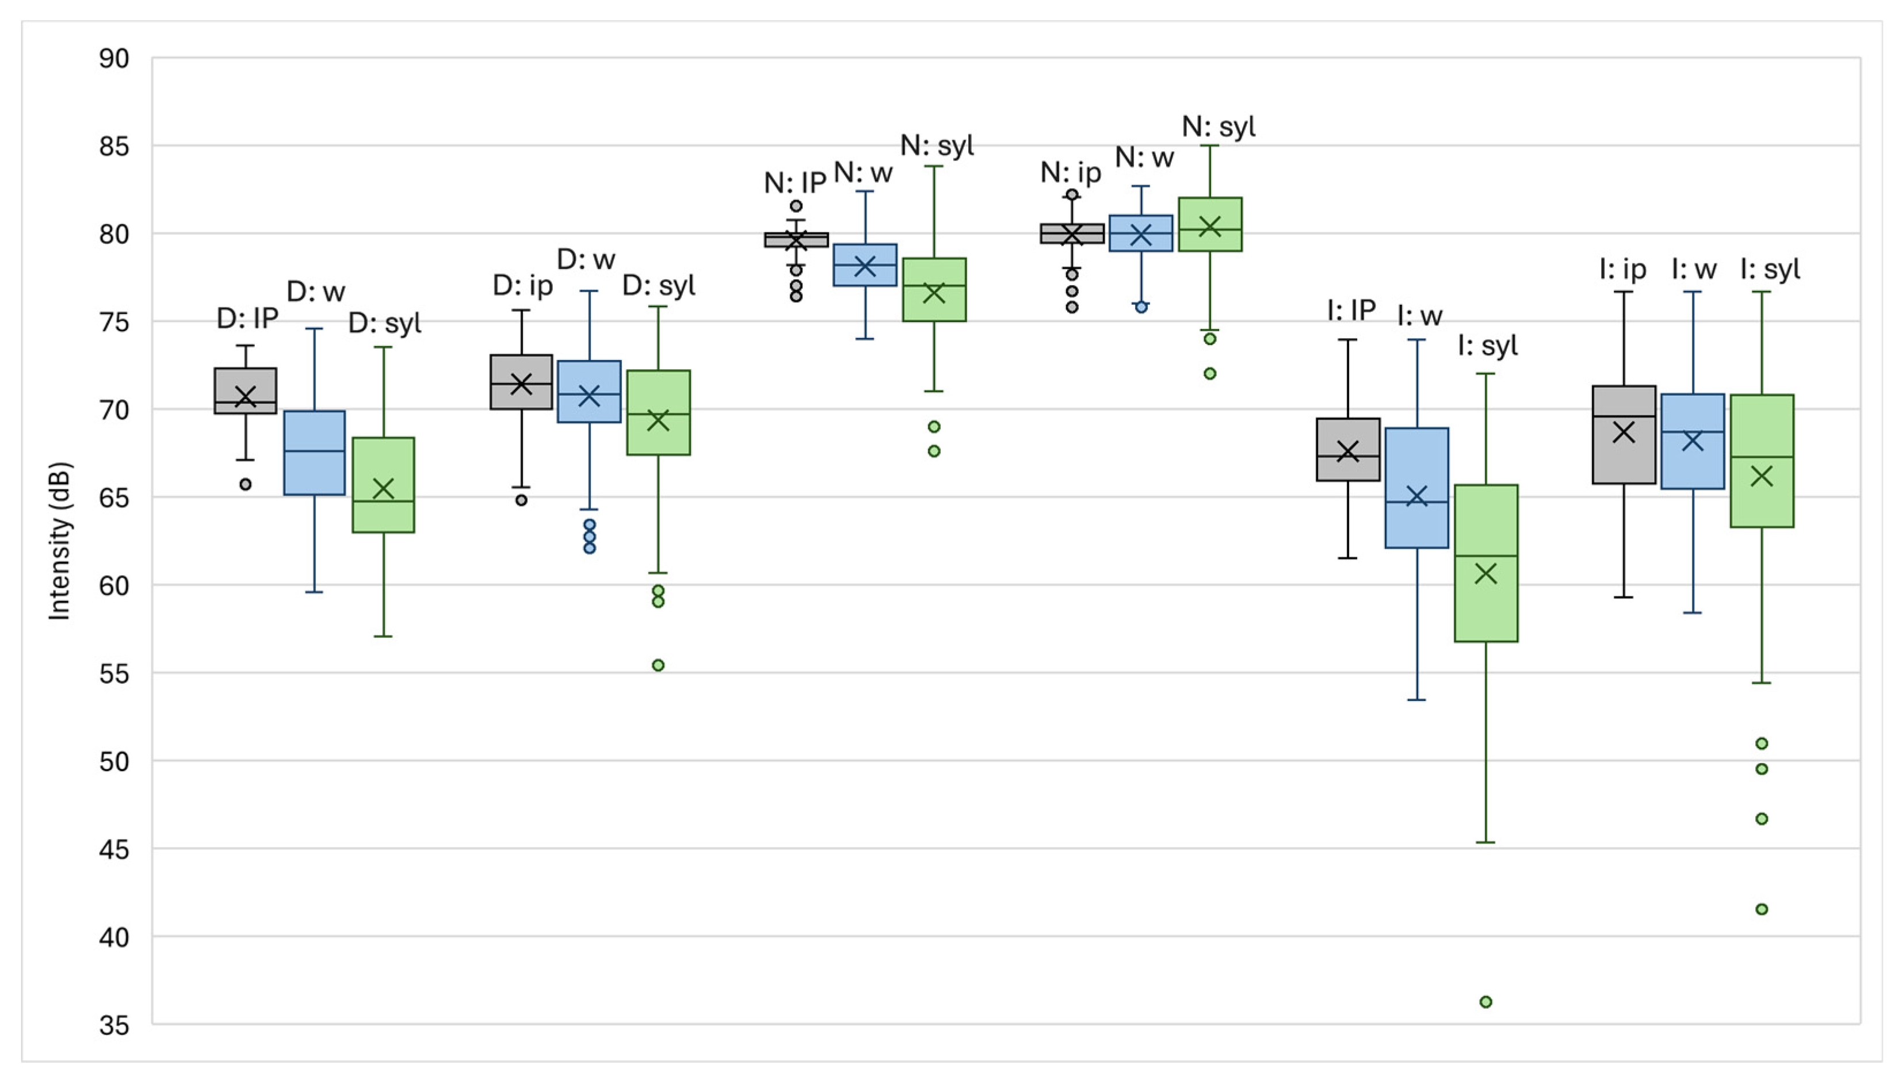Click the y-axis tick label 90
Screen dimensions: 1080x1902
pyautogui.click(x=113, y=59)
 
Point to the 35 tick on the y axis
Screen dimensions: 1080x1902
pyautogui.click(x=113, y=1026)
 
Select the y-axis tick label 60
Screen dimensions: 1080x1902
pyautogui.click(x=113, y=586)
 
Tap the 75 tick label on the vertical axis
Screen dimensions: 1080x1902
pyautogui.click(x=113, y=323)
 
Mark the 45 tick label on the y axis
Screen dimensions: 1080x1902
pyautogui.click(x=113, y=850)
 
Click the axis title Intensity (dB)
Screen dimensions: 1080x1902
pyautogui.click(x=59, y=542)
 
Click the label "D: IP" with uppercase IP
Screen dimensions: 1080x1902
pyautogui.click(x=247, y=318)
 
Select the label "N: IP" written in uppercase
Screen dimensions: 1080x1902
pyautogui.click(x=795, y=182)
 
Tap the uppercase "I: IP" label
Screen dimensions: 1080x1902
pyautogui.click(x=1351, y=310)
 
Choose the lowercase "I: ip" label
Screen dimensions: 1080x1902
pyautogui.click(x=1622, y=269)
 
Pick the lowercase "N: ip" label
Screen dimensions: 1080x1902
pyautogui.click(x=1070, y=173)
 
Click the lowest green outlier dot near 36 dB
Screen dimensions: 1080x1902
pyautogui.click(x=1485, y=1002)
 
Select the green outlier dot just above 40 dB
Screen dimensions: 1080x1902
pyautogui.click(x=1762, y=909)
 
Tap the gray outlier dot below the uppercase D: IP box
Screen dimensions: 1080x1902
pyautogui.click(x=246, y=484)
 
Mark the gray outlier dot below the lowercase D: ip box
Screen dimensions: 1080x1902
pyautogui.click(x=522, y=501)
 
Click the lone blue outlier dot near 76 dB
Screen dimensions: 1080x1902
pyautogui.click(x=1141, y=307)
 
